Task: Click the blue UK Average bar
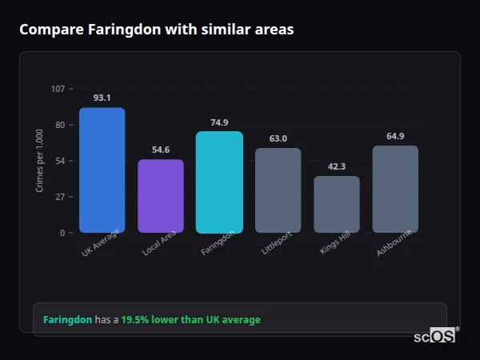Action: click(x=102, y=170)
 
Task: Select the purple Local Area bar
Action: click(x=161, y=196)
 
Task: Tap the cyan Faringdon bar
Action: click(x=219, y=182)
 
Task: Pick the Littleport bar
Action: click(x=278, y=190)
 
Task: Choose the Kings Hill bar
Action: click(x=337, y=204)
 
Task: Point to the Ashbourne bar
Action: click(x=395, y=189)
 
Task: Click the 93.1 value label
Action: click(x=102, y=98)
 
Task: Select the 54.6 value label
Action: click(x=161, y=150)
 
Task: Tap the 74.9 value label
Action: click(x=219, y=122)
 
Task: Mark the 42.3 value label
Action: click(x=337, y=166)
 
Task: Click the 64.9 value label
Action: click(x=395, y=136)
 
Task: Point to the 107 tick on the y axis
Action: click(x=58, y=88)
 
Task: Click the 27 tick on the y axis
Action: click(x=61, y=197)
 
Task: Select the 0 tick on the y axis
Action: click(x=63, y=233)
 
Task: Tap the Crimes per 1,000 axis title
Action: click(x=40, y=161)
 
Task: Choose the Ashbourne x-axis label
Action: click(x=395, y=244)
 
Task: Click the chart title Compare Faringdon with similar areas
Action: click(x=157, y=30)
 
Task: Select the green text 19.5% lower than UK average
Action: click(x=190, y=320)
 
